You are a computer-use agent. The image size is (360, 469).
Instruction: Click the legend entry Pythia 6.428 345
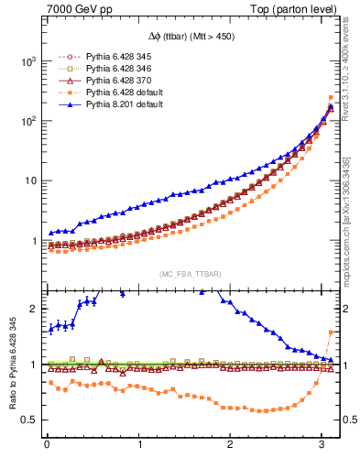115,58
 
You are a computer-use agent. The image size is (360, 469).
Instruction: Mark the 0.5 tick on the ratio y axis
32,420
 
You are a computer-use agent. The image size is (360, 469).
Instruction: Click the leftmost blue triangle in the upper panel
51,233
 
